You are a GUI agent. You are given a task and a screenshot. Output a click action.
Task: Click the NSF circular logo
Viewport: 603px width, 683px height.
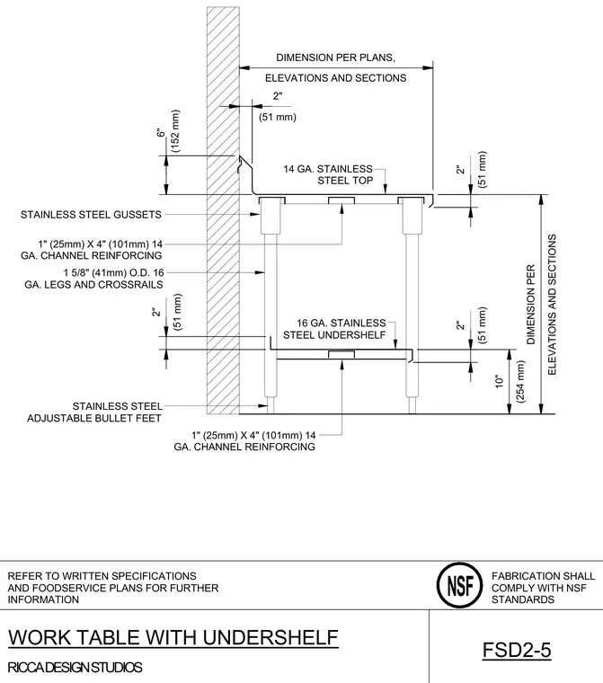(459, 585)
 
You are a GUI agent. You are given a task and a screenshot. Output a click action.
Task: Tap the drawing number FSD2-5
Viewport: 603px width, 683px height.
(517, 651)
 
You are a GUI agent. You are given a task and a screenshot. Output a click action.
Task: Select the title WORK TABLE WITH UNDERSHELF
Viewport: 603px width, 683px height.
(173, 637)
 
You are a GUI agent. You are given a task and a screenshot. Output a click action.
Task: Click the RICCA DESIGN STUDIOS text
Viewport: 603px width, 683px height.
(75, 668)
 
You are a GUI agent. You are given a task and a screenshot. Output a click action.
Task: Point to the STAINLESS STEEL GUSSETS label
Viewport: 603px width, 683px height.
(91, 214)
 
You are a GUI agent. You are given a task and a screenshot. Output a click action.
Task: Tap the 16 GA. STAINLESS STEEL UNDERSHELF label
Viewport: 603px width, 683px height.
(334, 329)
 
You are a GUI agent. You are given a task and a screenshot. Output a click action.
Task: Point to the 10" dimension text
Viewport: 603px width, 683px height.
(500, 381)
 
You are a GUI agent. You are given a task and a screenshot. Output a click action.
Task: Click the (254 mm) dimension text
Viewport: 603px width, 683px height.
(520, 381)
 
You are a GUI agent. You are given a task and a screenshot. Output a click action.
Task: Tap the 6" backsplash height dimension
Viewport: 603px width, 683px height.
(161, 132)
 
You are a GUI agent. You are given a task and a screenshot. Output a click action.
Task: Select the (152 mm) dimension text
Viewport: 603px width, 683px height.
(175, 130)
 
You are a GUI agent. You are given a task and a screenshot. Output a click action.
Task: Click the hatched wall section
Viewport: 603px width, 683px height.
(223, 210)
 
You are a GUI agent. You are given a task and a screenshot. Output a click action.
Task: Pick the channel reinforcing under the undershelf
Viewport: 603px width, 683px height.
(341, 353)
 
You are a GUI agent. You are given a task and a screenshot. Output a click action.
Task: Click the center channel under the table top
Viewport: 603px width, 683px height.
(341, 200)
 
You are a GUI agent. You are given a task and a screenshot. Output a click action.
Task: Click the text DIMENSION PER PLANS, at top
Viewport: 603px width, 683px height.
(335, 58)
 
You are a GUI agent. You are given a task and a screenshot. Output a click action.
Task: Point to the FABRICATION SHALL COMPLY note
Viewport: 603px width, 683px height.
(543, 588)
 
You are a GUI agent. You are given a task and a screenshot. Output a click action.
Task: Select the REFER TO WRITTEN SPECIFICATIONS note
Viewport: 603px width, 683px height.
(113, 588)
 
